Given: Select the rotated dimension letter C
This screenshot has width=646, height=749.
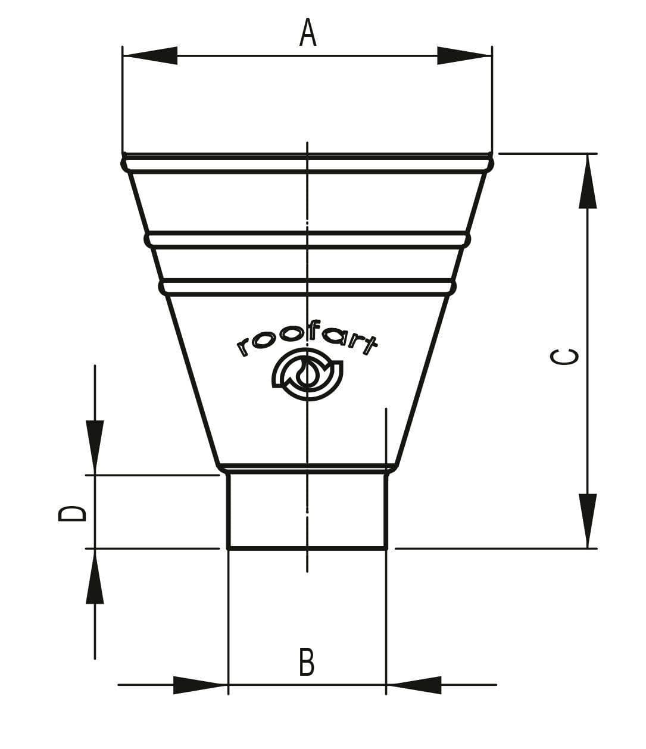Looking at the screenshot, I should coord(563,356).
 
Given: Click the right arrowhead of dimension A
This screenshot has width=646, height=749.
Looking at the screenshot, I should coord(464,55).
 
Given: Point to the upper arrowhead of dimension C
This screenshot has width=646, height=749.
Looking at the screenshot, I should coord(588,182).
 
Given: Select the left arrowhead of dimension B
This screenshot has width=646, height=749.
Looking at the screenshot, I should coord(200,685).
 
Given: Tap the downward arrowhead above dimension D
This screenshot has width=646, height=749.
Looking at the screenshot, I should coord(95,447).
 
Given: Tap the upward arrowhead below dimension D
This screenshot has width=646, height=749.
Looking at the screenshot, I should coord(95,576).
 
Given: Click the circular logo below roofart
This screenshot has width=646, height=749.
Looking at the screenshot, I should coord(307,376).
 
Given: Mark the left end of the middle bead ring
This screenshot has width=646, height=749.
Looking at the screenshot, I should coord(148,240).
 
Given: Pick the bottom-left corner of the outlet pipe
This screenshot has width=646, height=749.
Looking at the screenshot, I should coord(229,547).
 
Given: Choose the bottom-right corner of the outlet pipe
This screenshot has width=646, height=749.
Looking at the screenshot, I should coord(386,547).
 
